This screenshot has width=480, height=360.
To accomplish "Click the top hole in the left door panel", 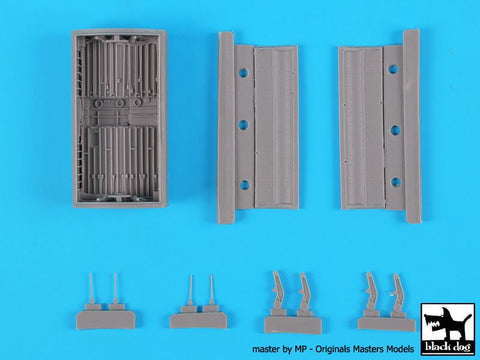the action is pos(244,72).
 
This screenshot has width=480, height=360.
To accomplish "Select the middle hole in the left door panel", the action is pos(244,125).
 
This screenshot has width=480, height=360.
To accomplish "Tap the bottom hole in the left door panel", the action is pos(244,185).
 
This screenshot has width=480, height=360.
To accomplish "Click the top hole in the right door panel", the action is pos(393,69).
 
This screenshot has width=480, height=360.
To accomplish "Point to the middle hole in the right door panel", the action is pos(395,130).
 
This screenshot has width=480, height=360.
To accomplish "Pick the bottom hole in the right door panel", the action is pos(396,182).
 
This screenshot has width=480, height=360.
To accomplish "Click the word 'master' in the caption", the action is pos(266,349).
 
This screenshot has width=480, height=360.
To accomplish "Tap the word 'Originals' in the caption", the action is pos(332,349).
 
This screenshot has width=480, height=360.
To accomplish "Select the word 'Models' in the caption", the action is pos(400,349).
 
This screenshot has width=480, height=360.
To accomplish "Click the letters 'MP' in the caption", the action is pos(299,349).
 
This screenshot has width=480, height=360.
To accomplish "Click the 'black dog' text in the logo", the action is pos(448,347).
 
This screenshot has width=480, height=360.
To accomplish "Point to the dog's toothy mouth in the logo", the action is pos(433,324).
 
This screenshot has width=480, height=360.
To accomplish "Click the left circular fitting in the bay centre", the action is pos(99,103).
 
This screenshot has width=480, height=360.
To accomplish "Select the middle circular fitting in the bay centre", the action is pos(119,103).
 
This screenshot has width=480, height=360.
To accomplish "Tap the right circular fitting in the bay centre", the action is pos(137,102).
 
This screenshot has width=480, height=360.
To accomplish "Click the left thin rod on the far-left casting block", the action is pos(92,289).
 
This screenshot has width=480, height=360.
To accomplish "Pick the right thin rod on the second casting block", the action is pos(211,290).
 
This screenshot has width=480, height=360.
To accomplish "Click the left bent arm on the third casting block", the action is pos(278,291).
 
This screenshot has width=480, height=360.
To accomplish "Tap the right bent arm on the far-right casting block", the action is pos(398,293).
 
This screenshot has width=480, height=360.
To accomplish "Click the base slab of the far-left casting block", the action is pos(106,320).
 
